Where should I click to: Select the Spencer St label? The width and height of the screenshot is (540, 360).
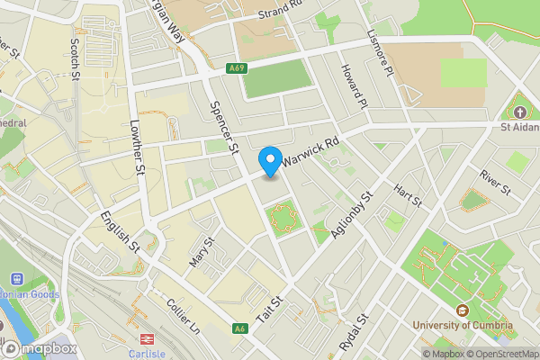point(222,127)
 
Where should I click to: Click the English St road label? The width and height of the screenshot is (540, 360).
point(120,230)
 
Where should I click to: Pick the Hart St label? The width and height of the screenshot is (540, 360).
point(409,194)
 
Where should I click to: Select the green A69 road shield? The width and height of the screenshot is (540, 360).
point(236,67)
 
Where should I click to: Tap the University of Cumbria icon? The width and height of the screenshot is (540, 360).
point(462,310)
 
